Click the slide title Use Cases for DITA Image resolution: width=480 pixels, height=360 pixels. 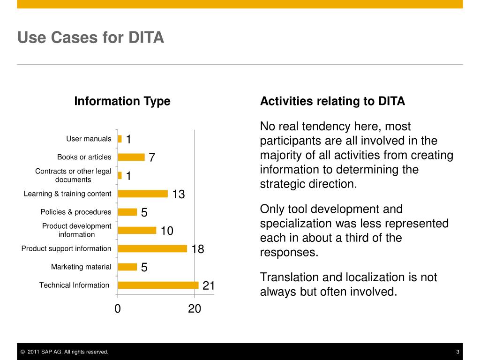pos(90,37)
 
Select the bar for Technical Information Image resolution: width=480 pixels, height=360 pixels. pos(158,285)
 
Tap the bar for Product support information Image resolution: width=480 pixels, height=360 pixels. pos(152,248)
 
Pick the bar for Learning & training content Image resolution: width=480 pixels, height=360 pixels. pos(142,194)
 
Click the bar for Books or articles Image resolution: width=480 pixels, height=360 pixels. pos(131,157)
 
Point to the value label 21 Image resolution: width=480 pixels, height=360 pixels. pos(209,285)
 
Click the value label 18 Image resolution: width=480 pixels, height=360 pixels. pos(198,249)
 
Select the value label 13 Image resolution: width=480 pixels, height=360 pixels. pos(179,194)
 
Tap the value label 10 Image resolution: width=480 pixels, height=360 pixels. pos(167,231)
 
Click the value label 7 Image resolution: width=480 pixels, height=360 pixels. pos(152,158)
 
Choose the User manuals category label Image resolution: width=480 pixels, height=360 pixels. pos(89,139)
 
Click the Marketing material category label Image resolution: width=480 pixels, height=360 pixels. pos(81,267)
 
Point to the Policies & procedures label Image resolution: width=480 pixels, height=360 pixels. pos(76,212)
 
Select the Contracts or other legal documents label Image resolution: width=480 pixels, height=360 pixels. pos(73,175)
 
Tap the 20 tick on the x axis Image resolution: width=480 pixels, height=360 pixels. pos(195,308)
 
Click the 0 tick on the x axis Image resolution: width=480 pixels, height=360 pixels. pos(118,308)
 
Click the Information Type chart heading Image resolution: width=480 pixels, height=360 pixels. pos(122,101)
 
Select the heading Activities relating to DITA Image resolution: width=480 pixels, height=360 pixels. pos(332,101)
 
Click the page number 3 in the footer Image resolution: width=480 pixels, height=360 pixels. pos(457,352)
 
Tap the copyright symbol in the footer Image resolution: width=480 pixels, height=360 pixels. pos(22,352)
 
